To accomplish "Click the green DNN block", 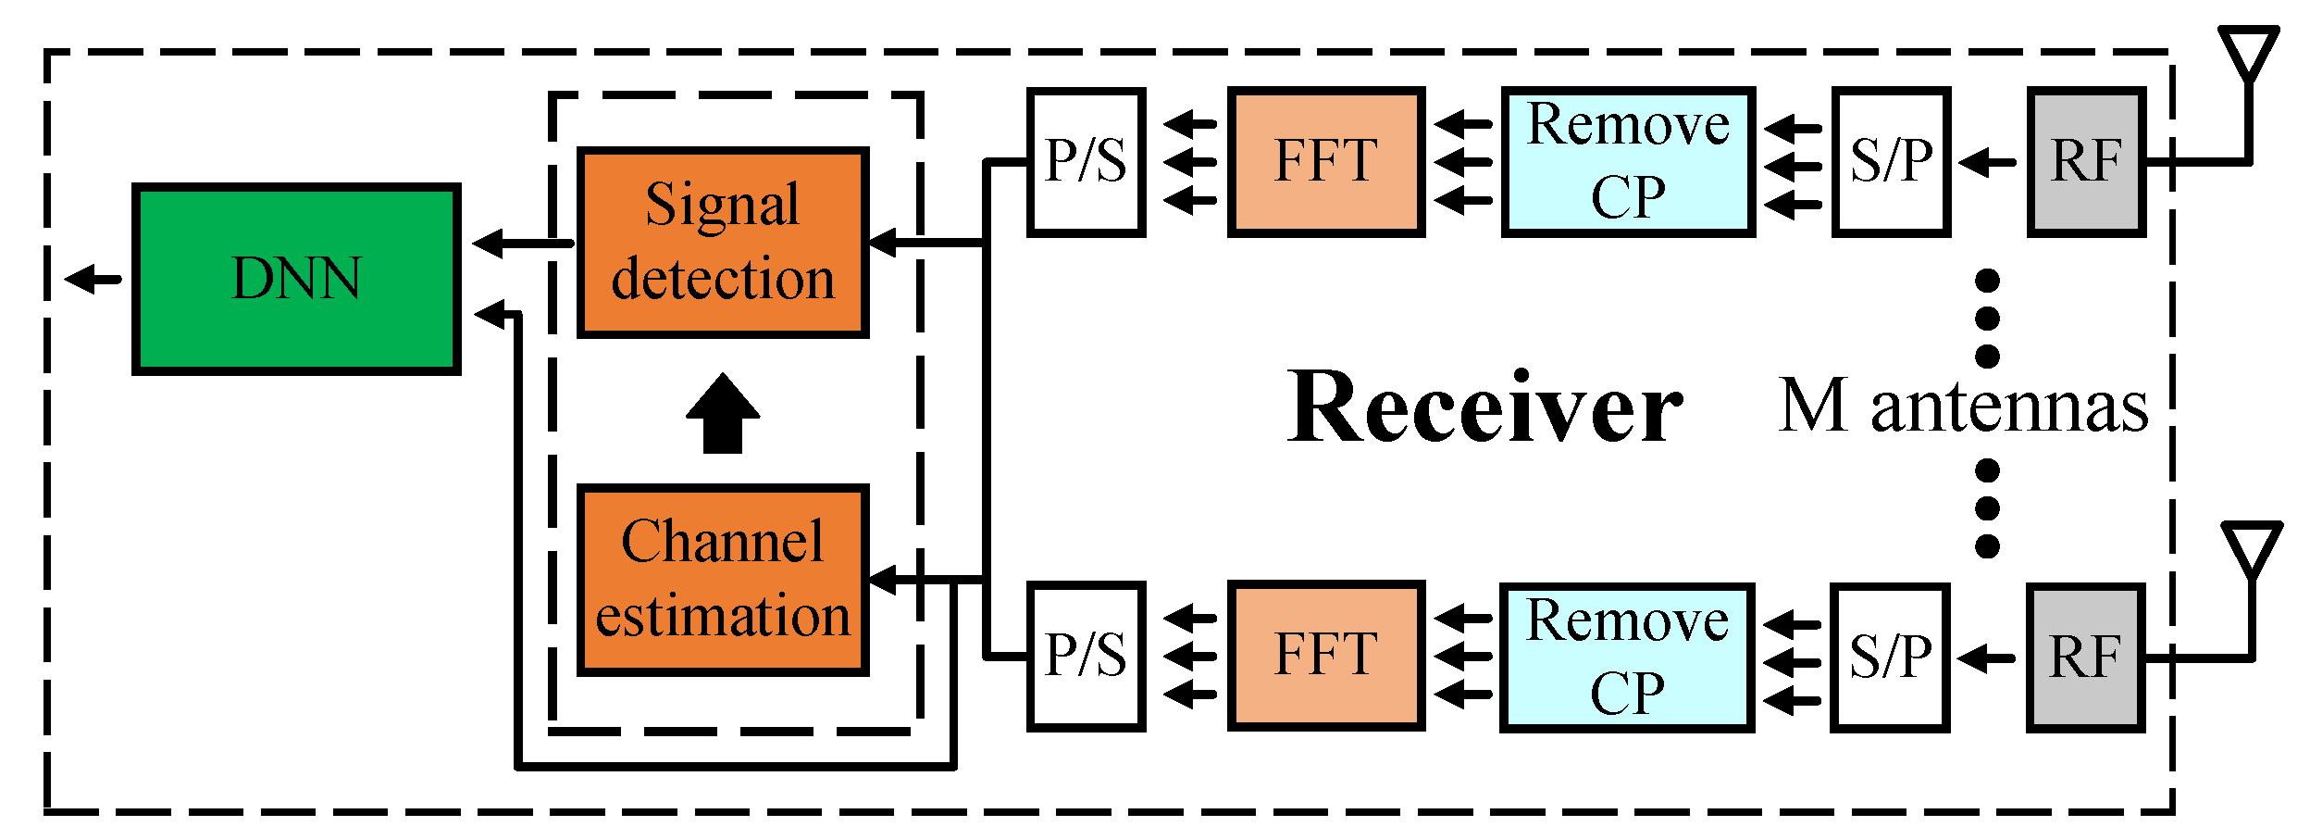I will click(296, 279).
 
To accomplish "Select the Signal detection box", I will click(722, 243).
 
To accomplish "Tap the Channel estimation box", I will click(722, 579).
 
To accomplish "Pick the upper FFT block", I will click(1325, 162).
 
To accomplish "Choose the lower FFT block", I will click(1325, 656).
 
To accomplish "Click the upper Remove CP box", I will click(1627, 162).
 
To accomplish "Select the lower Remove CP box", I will click(1626, 657).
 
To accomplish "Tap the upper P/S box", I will click(1086, 162).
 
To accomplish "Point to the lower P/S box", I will click(1086, 656).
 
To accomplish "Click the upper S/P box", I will click(1891, 162).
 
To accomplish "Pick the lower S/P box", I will click(1890, 657).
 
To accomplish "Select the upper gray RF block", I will click(2086, 162).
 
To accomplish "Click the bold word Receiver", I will click(1484, 407).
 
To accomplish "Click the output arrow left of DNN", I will click(93, 278).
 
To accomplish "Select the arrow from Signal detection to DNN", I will click(522, 244).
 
